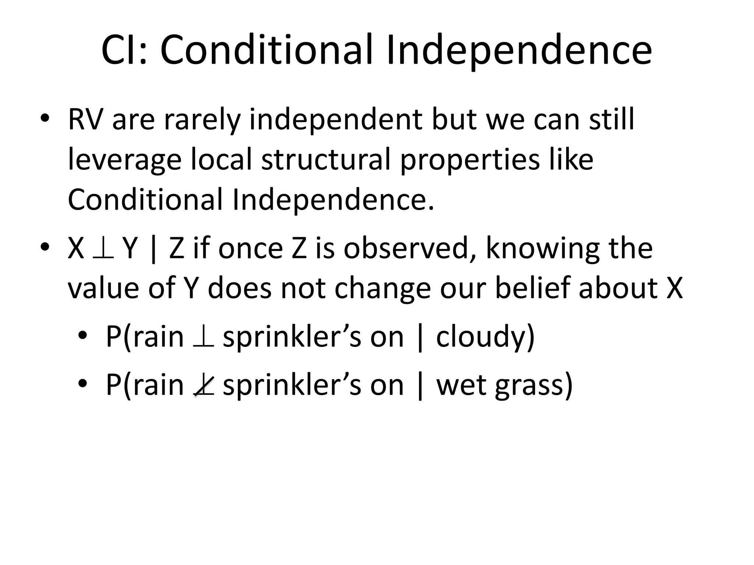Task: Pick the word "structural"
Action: [325, 160]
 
